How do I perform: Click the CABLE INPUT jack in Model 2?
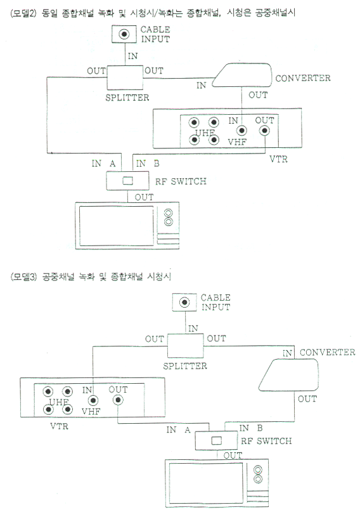click(x=124, y=34)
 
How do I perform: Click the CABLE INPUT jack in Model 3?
click(x=184, y=302)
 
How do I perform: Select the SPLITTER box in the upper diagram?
click(x=125, y=77)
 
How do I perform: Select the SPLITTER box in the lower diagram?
click(x=186, y=346)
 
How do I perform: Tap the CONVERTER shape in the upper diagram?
click(x=242, y=75)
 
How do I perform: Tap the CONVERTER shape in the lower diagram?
click(x=288, y=375)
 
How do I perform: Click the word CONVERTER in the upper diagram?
click(x=303, y=78)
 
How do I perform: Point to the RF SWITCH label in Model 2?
click(x=181, y=181)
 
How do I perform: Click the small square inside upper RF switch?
click(x=127, y=181)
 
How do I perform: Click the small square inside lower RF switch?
click(x=216, y=440)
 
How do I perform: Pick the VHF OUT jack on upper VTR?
click(x=264, y=131)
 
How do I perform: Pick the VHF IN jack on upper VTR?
click(x=242, y=131)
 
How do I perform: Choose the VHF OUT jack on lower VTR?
click(x=118, y=400)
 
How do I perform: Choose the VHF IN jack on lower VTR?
click(x=94, y=401)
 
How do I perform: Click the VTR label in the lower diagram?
click(x=60, y=426)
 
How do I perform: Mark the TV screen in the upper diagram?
click(x=116, y=226)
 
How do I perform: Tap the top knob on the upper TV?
click(x=169, y=213)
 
